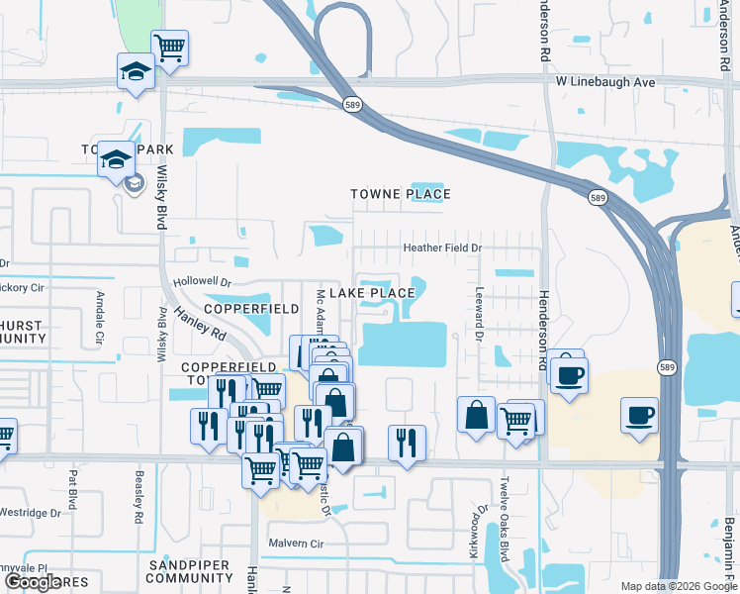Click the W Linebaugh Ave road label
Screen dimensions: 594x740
tap(605, 82)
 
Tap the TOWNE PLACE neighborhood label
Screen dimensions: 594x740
tap(401, 194)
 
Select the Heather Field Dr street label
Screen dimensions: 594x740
tap(441, 247)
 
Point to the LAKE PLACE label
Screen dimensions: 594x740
tap(372, 293)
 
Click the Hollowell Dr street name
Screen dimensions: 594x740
tap(202, 282)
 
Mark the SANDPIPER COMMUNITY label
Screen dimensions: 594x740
tap(189, 571)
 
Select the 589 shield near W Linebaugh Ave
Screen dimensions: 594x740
tap(351, 103)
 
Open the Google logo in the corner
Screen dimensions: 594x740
tap(33, 582)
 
